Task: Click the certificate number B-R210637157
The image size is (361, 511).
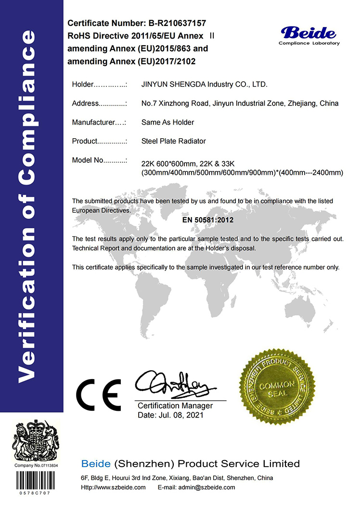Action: click(171, 23)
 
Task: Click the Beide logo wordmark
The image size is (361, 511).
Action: click(309, 33)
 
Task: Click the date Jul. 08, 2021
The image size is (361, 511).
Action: click(183, 415)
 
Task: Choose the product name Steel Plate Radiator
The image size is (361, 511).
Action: click(173, 141)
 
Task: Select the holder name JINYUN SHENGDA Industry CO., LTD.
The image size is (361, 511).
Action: click(204, 85)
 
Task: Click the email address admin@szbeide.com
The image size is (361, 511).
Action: click(210, 487)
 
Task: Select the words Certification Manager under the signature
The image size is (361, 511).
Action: click(175, 406)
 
